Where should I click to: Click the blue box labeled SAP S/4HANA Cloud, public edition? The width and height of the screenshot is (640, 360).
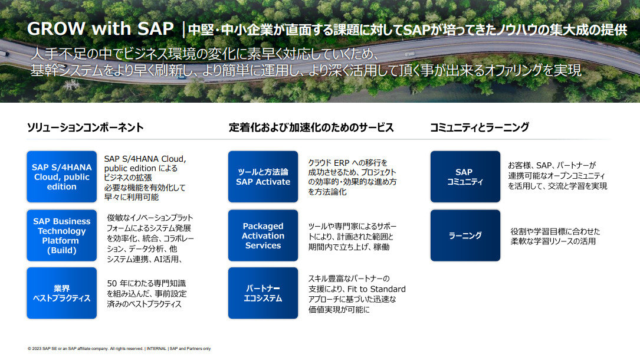(x=61, y=176)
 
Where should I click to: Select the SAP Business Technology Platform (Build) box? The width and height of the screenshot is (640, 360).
(x=61, y=235)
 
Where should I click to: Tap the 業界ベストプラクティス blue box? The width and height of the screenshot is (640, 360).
(x=61, y=293)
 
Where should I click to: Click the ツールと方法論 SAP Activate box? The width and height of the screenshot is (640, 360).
(x=263, y=176)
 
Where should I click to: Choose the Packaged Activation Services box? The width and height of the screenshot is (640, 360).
(x=263, y=235)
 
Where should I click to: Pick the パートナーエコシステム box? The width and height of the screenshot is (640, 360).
(x=263, y=293)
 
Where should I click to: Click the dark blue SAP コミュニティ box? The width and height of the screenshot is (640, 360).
(x=465, y=176)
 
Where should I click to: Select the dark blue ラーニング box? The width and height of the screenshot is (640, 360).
(x=465, y=235)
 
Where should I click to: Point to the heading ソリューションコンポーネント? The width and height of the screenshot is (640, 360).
(x=85, y=127)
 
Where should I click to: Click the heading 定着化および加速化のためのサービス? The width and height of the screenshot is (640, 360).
(x=311, y=127)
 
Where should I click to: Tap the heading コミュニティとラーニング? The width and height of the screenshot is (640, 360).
(x=479, y=127)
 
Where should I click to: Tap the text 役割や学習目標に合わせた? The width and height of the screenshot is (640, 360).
(x=555, y=231)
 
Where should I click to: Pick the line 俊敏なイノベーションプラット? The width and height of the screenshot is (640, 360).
(x=150, y=218)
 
